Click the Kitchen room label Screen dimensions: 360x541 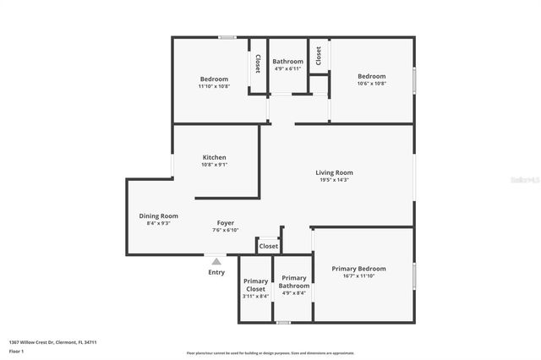click(214, 157)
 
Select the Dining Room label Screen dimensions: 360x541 click(159, 215)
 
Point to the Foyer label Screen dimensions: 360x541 click(225, 223)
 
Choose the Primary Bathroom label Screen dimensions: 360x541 click(294, 281)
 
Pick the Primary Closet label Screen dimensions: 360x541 click(255, 285)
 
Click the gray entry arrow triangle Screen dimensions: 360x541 click(216, 262)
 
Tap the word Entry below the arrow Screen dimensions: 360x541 click(216, 272)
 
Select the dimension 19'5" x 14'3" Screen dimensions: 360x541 click(334, 180)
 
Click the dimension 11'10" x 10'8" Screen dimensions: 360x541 click(214, 86)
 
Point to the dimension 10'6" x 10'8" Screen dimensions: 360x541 click(371, 84)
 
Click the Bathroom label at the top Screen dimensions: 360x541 click(287, 62)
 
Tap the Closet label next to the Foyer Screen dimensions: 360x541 click(268, 246)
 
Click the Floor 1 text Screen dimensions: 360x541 click(17, 350)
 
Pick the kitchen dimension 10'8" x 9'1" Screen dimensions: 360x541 click(214, 165)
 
